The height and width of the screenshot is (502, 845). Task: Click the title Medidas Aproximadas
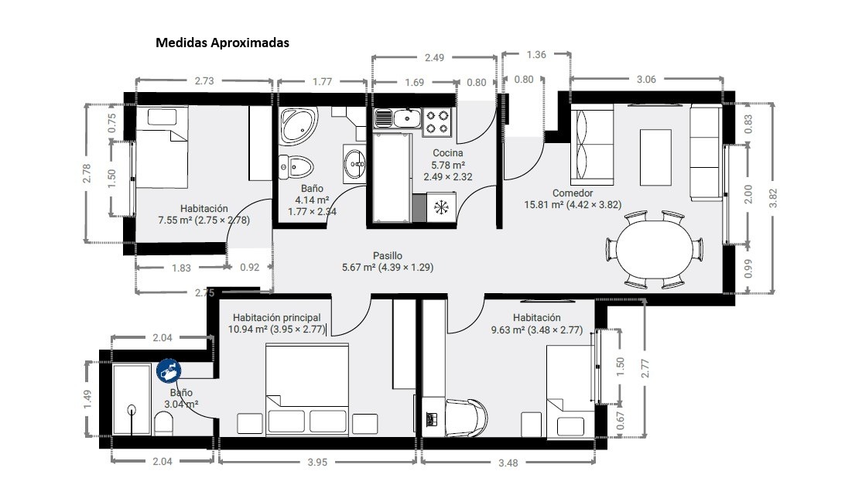[222, 43]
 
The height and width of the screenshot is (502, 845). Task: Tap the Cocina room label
[448, 153]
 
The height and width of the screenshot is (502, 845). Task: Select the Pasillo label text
[388, 255]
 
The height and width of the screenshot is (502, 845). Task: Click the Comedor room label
[573, 193]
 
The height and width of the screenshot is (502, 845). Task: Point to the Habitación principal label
[276, 318]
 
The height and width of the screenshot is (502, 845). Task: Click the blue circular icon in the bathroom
[169, 371]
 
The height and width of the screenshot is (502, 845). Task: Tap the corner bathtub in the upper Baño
[299, 126]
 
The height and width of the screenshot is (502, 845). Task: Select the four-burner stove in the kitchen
[437, 121]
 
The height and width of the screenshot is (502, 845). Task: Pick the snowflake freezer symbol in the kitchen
[441, 207]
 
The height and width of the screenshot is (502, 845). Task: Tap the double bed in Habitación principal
[306, 389]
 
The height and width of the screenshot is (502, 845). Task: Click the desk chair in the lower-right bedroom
[466, 418]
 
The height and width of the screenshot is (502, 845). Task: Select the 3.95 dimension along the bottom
[317, 462]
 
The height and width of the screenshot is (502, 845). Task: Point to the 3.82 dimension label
[773, 198]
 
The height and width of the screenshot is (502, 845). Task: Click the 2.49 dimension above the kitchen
[434, 57]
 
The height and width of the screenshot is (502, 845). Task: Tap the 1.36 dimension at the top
[536, 54]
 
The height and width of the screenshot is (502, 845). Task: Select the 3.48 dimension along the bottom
[508, 463]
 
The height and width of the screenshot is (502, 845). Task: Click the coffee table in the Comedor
[656, 157]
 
